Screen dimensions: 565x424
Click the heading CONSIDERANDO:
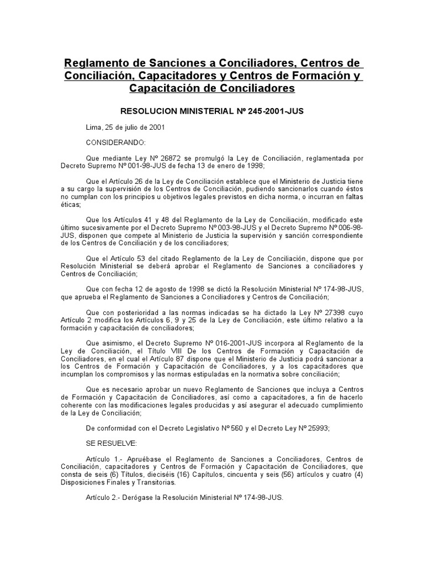(115, 142)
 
